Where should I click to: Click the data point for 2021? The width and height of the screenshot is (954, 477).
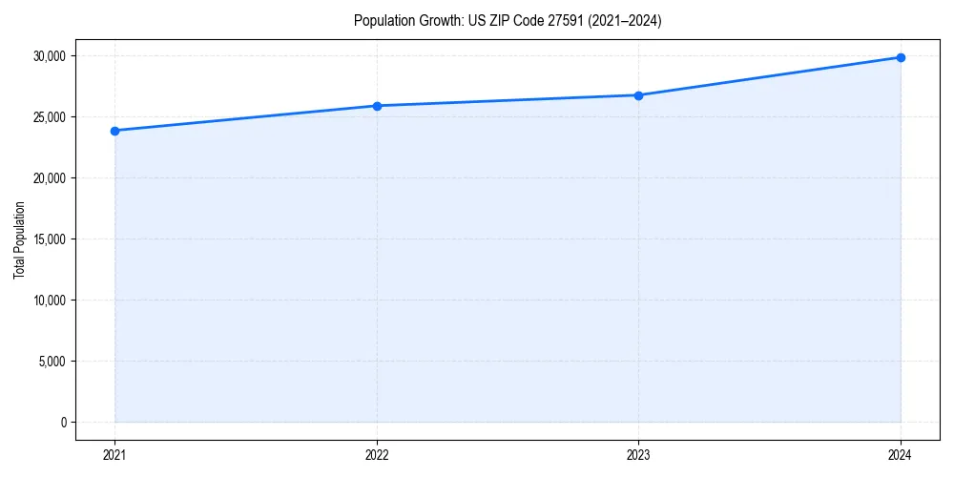(x=114, y=131)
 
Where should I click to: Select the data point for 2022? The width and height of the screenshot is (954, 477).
(x=377, y=106)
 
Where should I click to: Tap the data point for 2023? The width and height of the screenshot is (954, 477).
(x=638, y=95)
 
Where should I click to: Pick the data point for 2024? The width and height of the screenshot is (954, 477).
(x=901, y=57)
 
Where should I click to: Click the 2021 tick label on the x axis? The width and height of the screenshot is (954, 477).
(x=114, y=455)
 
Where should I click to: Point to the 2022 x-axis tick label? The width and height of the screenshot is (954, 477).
(x=377, y=455)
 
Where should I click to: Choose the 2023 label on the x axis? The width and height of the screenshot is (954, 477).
(x=638, y=455)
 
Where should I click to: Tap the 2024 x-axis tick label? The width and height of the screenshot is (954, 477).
(x=901, y=455)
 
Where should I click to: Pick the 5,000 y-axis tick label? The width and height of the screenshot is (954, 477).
(x=52, y=362)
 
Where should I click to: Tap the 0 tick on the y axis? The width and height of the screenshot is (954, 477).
(x=64, y=423)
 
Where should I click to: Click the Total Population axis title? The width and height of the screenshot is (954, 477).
(x=19, y=239)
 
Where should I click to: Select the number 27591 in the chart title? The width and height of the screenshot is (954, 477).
(x=560, y=21)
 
